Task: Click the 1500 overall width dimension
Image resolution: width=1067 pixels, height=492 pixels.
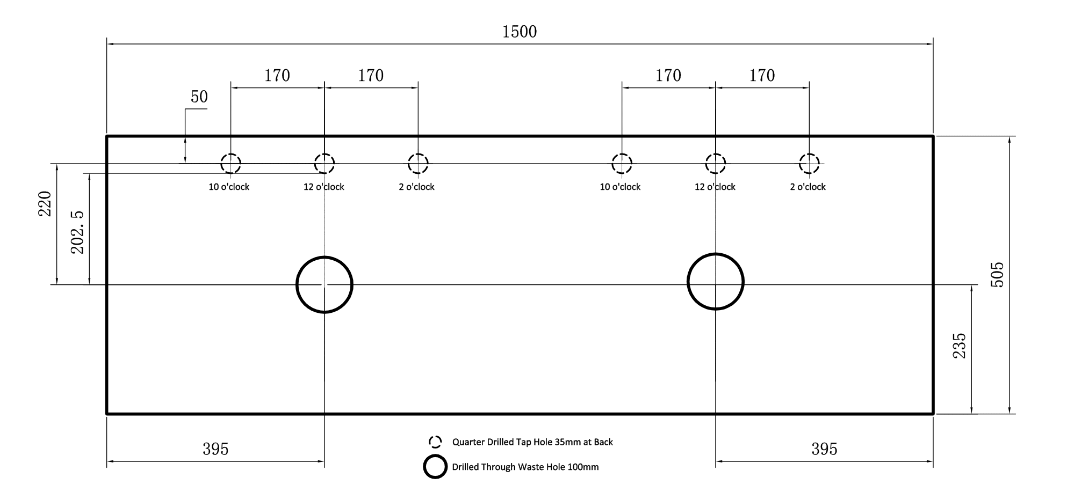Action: click(520, 32)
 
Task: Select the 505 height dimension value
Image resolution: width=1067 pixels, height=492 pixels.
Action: click(997, 275)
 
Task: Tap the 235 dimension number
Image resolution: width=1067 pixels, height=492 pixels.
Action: click(959, 346)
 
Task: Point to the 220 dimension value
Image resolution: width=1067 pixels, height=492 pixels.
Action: click(45, 204)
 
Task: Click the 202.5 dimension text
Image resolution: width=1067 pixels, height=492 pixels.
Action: click(78, 232)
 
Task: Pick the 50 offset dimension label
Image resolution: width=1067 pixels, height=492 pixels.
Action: click(199, 97)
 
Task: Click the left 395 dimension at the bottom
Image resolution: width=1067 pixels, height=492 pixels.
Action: click(215, 449)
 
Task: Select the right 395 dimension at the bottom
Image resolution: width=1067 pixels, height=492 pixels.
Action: click(824, 449)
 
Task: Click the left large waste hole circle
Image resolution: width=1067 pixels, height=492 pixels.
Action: click(325, 257)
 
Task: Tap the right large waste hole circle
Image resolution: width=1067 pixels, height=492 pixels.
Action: click(716, 254)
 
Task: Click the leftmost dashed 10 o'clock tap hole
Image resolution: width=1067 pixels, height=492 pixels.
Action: click(230, 154)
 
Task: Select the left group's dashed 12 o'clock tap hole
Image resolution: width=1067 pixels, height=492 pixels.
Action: click(325, 154)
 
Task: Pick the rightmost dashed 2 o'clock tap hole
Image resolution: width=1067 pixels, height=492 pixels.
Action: click(809, 154)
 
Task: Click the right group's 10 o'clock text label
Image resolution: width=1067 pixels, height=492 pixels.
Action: click(620, 187)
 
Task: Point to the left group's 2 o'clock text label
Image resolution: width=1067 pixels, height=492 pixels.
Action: click(416, 187)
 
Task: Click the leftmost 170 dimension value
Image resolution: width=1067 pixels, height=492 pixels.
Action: click(277, 76)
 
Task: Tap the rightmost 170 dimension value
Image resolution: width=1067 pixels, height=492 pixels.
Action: click(762, 76)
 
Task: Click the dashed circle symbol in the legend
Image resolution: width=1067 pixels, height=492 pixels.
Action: click(435, 436)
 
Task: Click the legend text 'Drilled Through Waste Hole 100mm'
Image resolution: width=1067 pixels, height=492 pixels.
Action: click(525, 467)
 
